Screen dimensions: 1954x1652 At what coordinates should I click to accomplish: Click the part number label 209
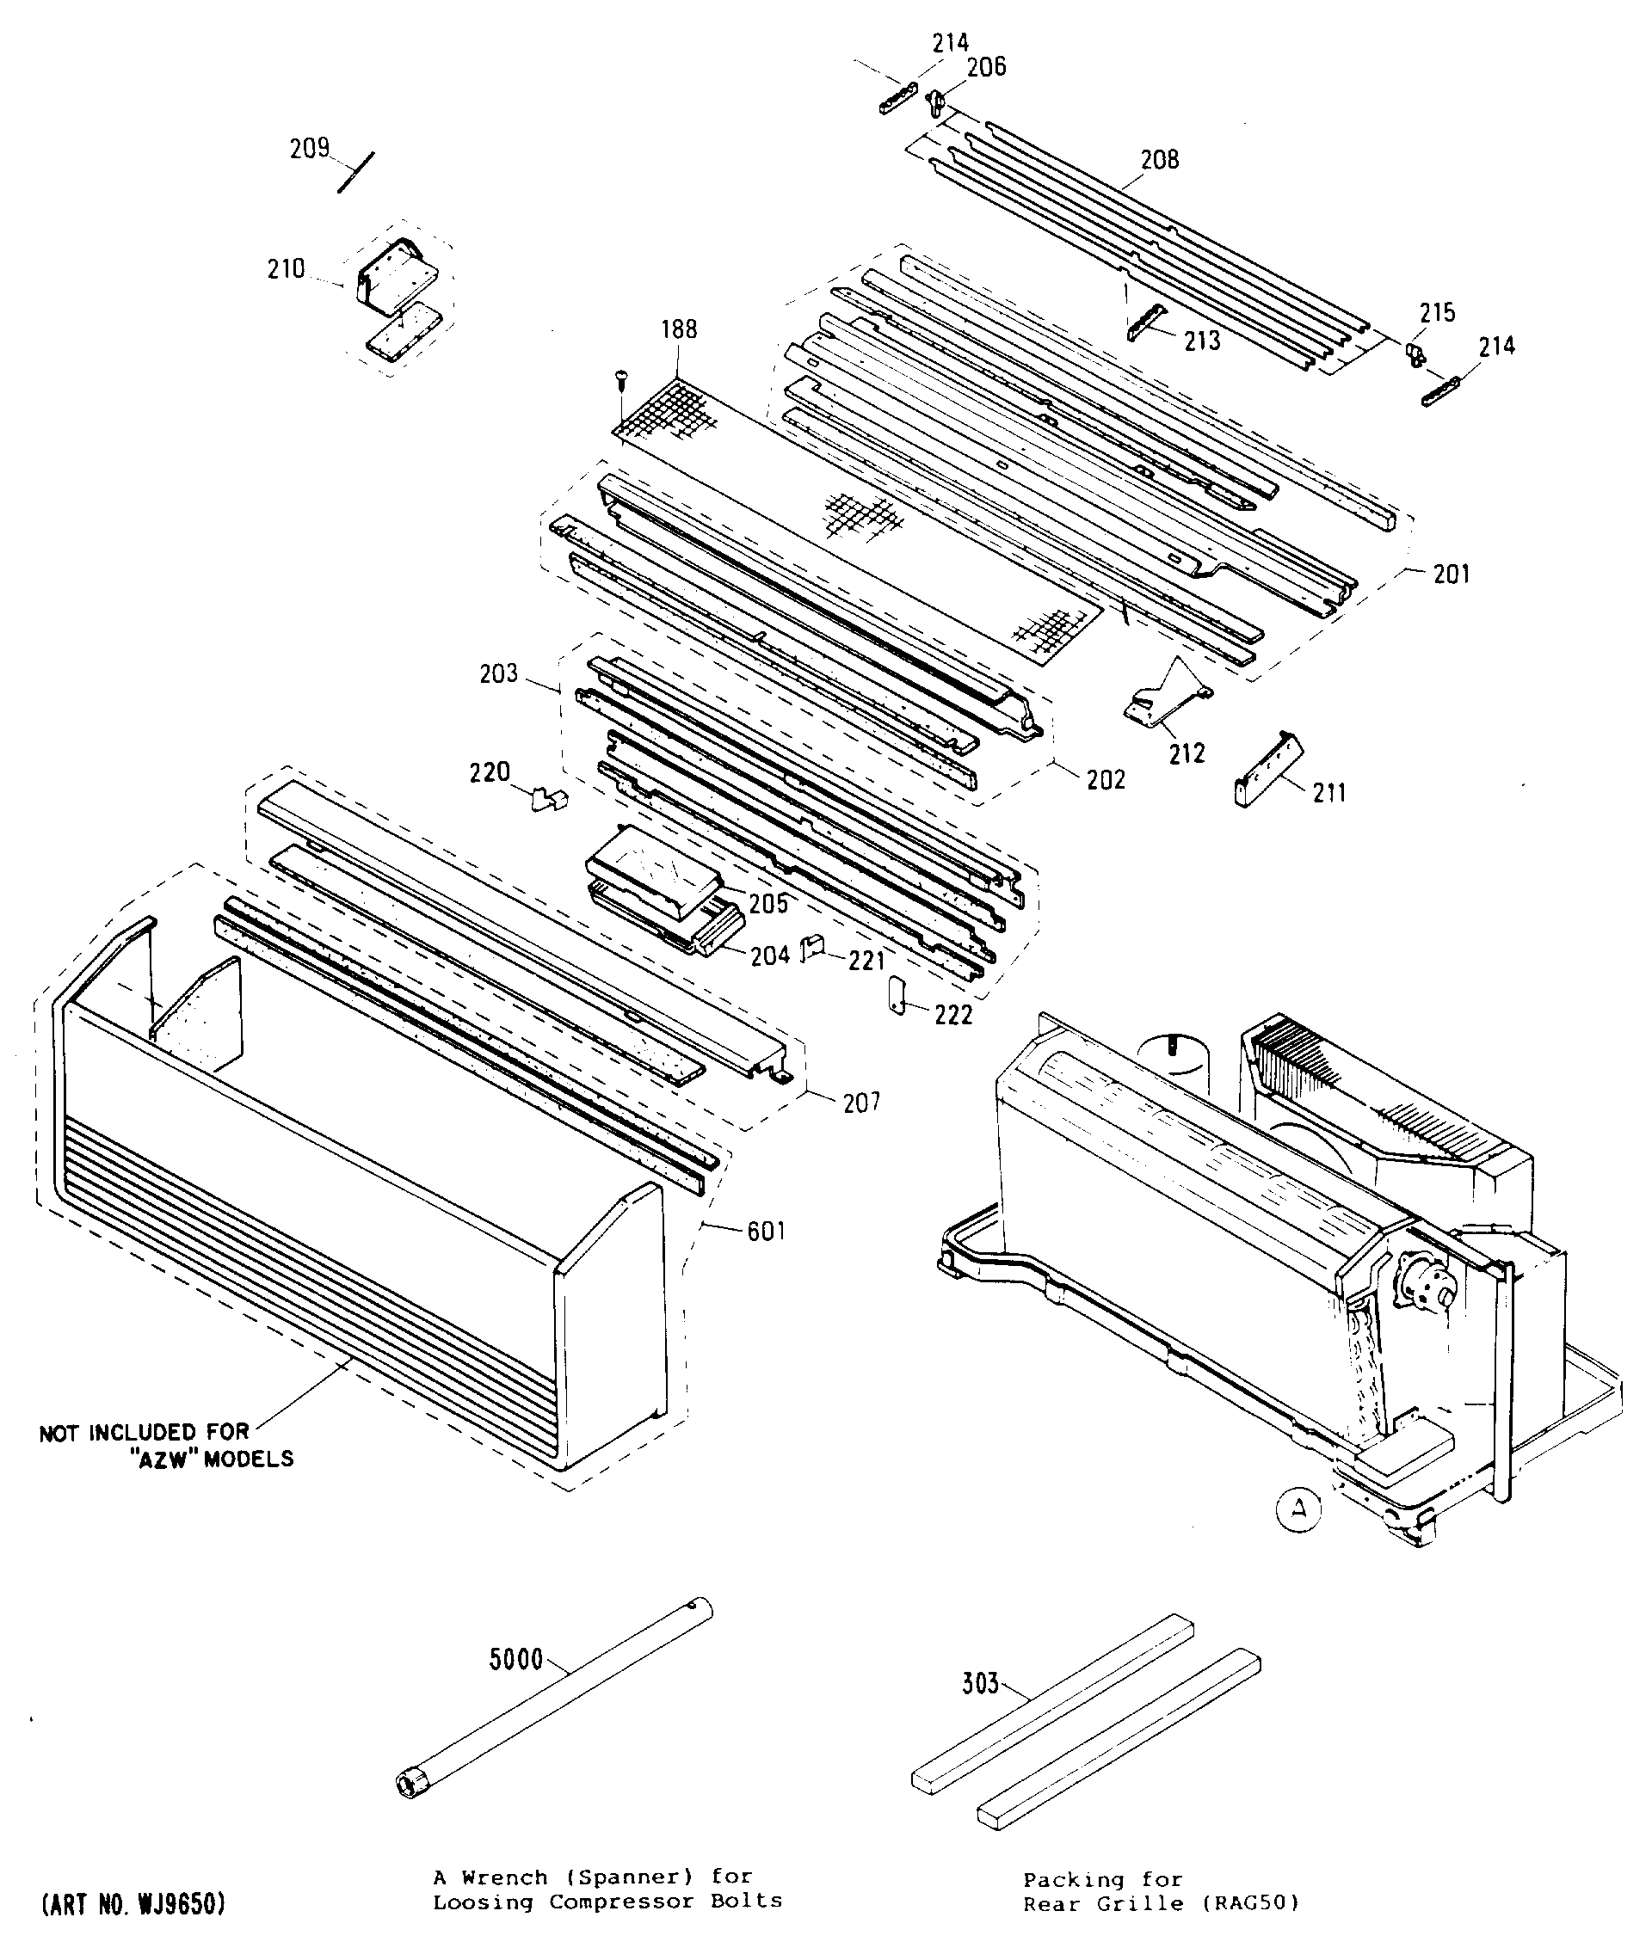(309, 149)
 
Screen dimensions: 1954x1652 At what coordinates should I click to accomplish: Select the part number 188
(679, 329)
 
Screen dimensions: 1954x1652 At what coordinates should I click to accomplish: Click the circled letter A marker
(1299, 1509)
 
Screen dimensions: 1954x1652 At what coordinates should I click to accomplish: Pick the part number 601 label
(766, 1232)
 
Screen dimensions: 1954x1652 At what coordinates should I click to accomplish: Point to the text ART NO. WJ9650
(133, 1904)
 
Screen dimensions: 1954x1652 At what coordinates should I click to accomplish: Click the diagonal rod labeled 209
(356, 172)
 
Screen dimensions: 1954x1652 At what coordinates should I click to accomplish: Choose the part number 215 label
(1438, 313)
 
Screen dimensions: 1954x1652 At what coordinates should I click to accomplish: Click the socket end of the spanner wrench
(410, 1784)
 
